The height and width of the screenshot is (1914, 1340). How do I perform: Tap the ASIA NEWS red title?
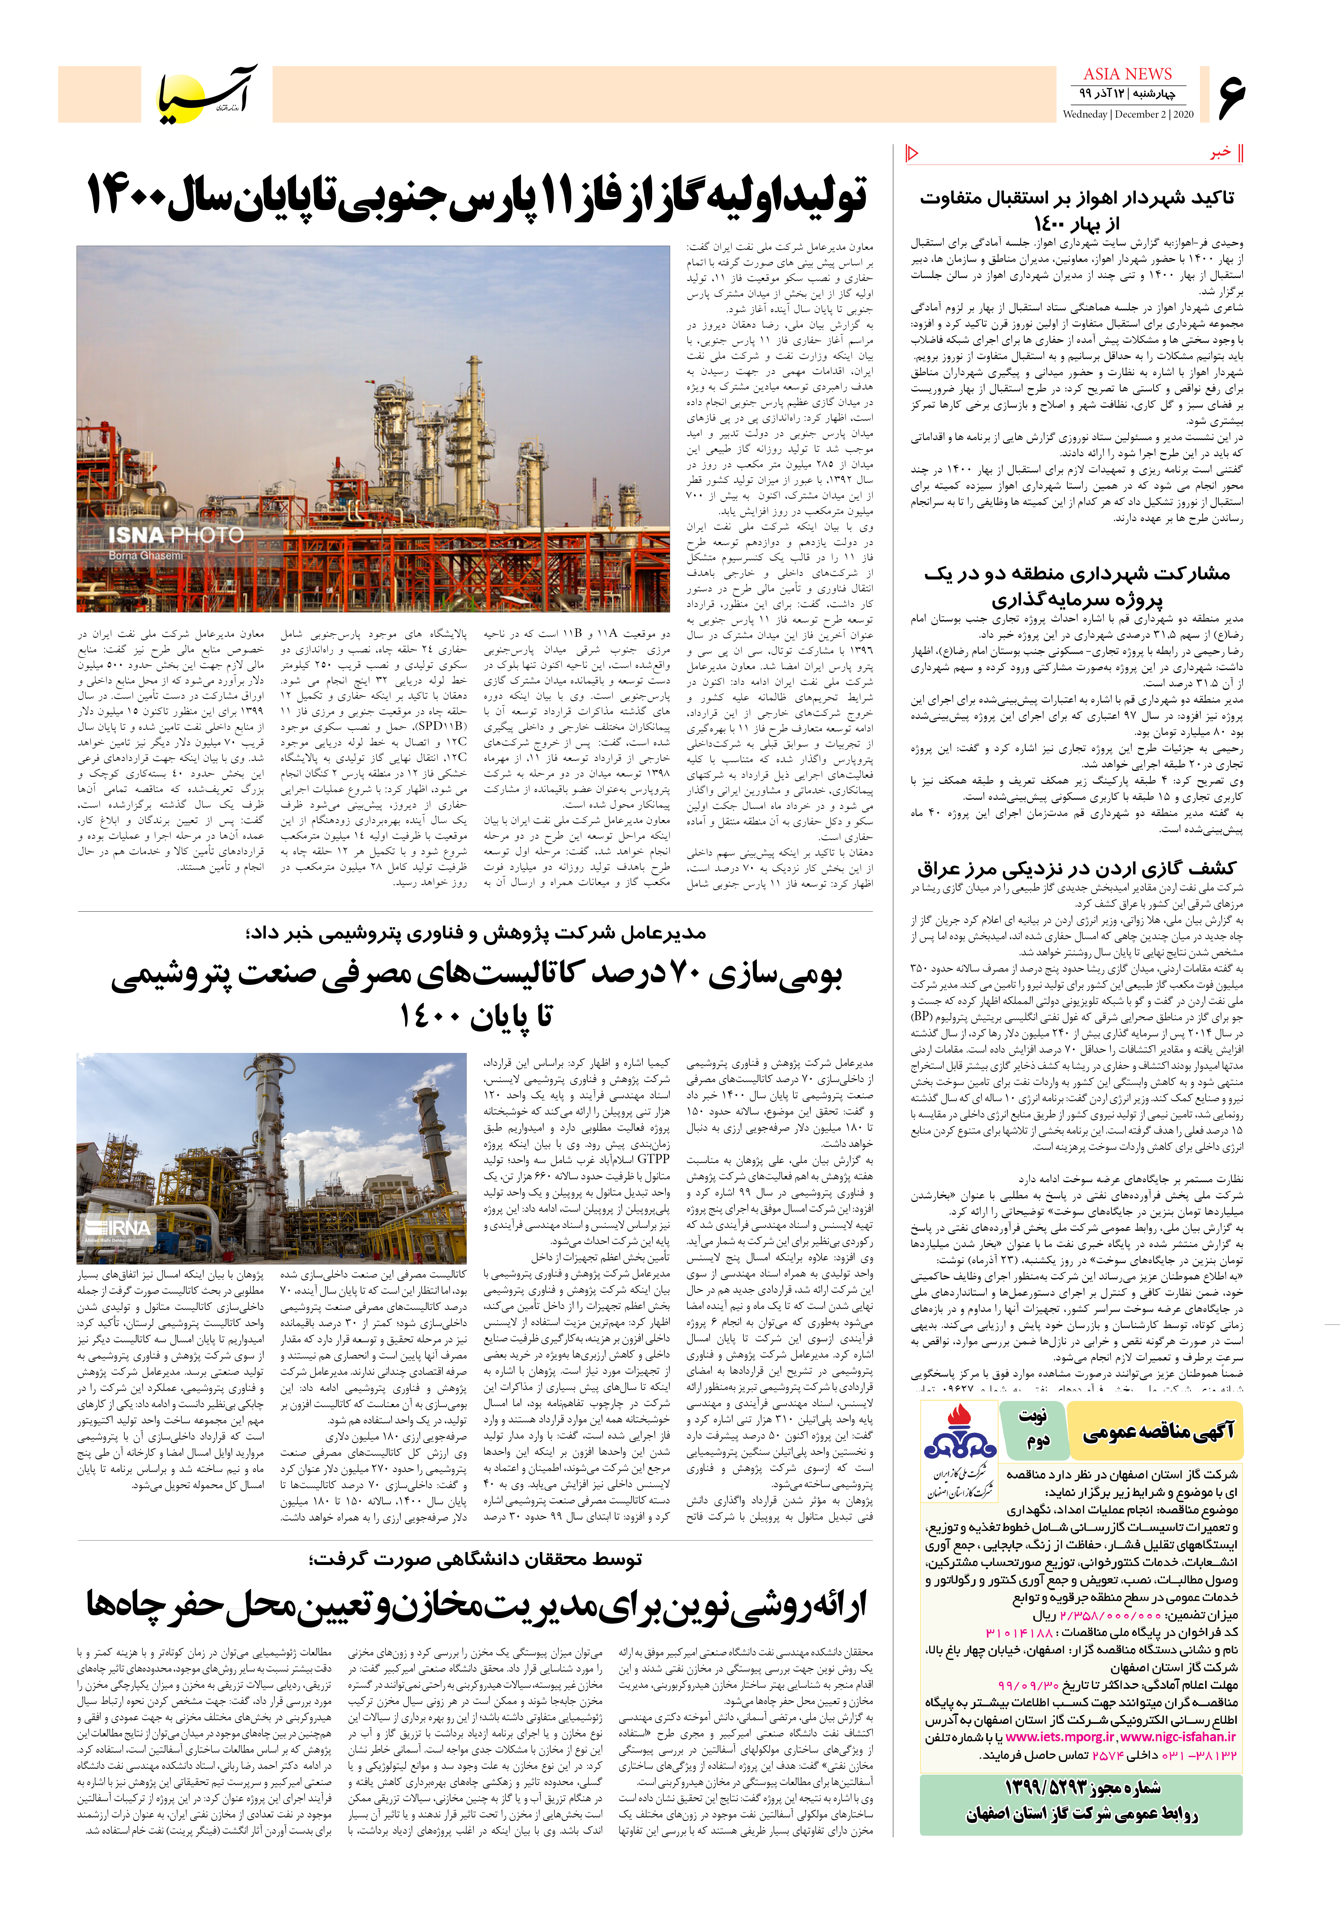click(x=1127, y=74)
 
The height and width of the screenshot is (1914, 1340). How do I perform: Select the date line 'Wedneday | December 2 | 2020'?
click(x=1127, y=114)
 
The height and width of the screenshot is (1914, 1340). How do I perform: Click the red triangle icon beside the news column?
click(x=911, y=153)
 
